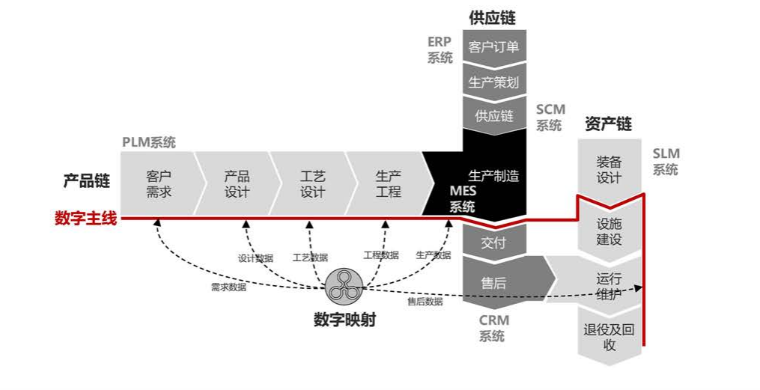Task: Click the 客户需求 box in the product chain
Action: pos(159,184)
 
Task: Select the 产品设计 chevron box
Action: pos(237,184)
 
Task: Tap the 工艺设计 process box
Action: pos(312,184)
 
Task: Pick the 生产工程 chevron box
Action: pos(388,184)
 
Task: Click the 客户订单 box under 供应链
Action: pos(493,48)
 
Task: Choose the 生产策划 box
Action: pos(493,82)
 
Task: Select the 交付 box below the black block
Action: pos(493,243)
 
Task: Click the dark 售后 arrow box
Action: pos(498,282)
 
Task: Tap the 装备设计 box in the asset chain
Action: pos(609,170)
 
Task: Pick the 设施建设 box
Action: pos(609,231)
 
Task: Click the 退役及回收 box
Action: pos(609,337)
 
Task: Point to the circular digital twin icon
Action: pos(346,285)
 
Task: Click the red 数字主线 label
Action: pos(85,219)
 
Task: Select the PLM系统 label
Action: pos(149,142)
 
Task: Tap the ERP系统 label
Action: pos(440,49)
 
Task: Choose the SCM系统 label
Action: pos(550,118)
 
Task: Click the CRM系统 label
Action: pos(493,328)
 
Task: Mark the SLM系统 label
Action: pos(666,162)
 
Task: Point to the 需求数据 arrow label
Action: pos(228,287)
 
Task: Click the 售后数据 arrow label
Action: pos(425,302)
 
